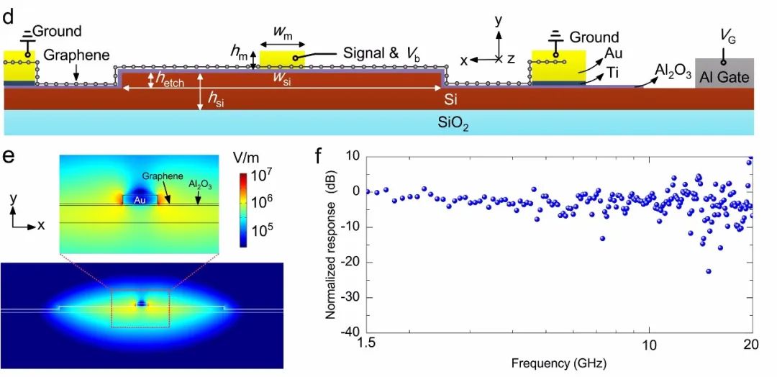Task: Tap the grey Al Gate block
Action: pos(724,73)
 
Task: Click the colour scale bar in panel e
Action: pos(245,209)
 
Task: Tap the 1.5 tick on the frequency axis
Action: pos(368,346)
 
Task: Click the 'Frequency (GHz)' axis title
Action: pos(559,363)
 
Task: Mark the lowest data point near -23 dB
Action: pos(709,271)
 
